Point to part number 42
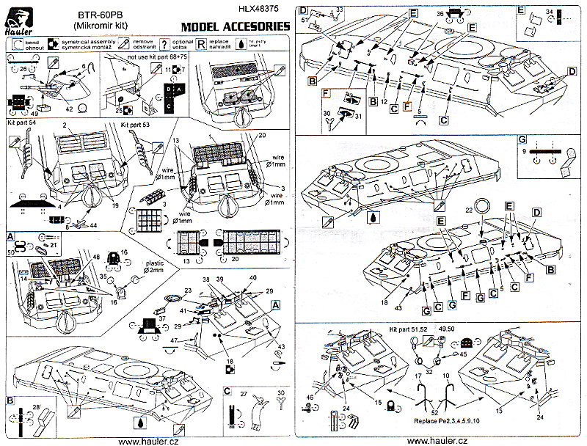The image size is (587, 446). tap(69, 109)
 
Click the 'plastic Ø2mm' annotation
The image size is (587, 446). tap(153, 267)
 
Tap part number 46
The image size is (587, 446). tap(310, 397)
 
